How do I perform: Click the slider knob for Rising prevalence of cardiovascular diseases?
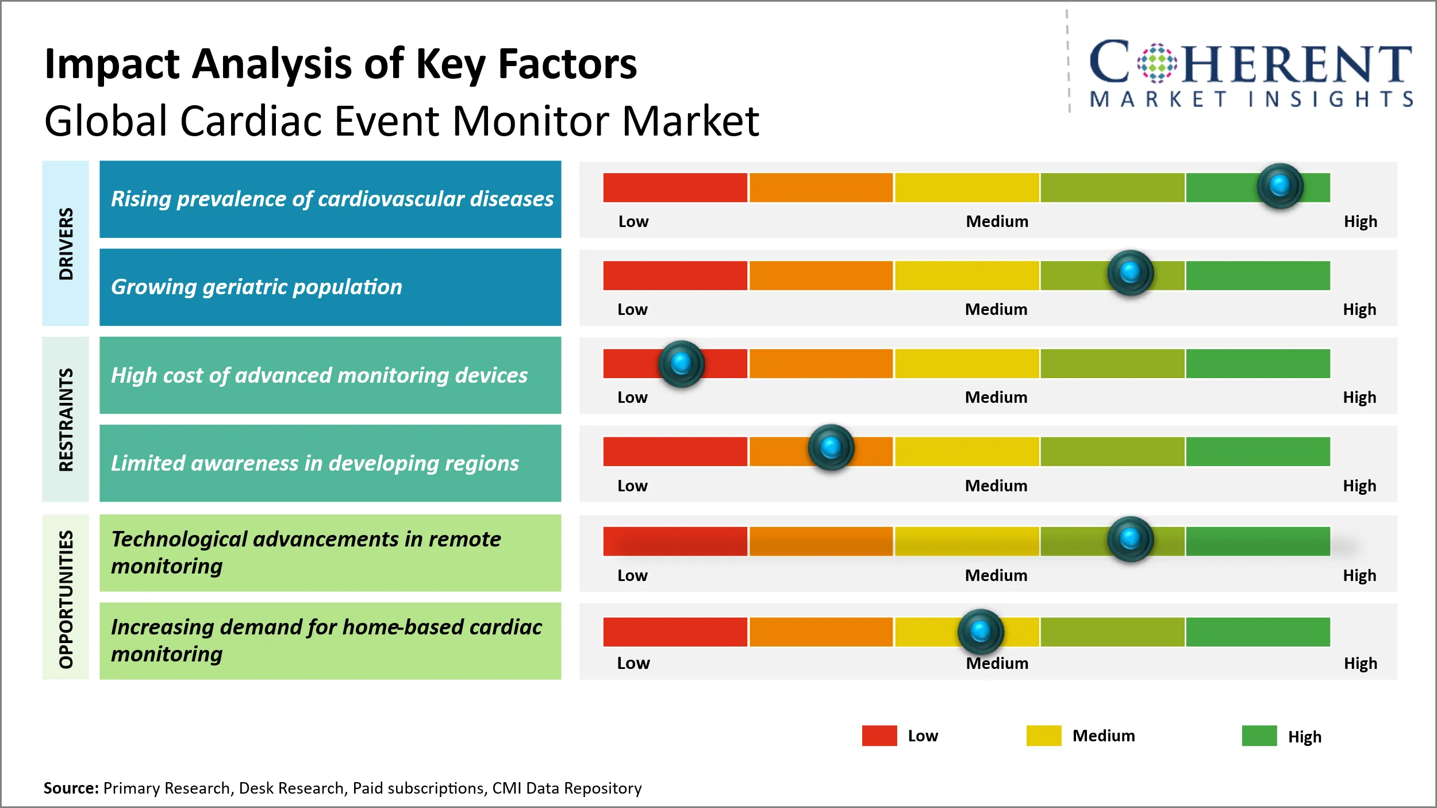1280,186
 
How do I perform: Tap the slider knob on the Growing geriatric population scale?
1130,272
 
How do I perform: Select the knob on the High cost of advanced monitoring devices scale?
681,363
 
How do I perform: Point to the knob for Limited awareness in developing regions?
831,447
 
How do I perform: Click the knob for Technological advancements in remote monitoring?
1130,539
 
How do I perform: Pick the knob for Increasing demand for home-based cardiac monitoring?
981,631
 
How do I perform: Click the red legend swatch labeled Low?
879,736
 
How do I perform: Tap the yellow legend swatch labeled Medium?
1043,736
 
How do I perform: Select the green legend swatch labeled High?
1259,736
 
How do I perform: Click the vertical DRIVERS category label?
66,244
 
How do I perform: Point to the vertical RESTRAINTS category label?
66,420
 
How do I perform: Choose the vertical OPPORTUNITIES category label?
66,599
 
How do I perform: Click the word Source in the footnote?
71,788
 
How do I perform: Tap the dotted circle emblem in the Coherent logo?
1157,63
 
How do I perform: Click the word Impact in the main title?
112,64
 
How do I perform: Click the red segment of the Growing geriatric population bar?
675,275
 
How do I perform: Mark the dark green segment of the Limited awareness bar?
1258,452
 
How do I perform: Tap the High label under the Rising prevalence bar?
1360,221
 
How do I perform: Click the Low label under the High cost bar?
632,397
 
